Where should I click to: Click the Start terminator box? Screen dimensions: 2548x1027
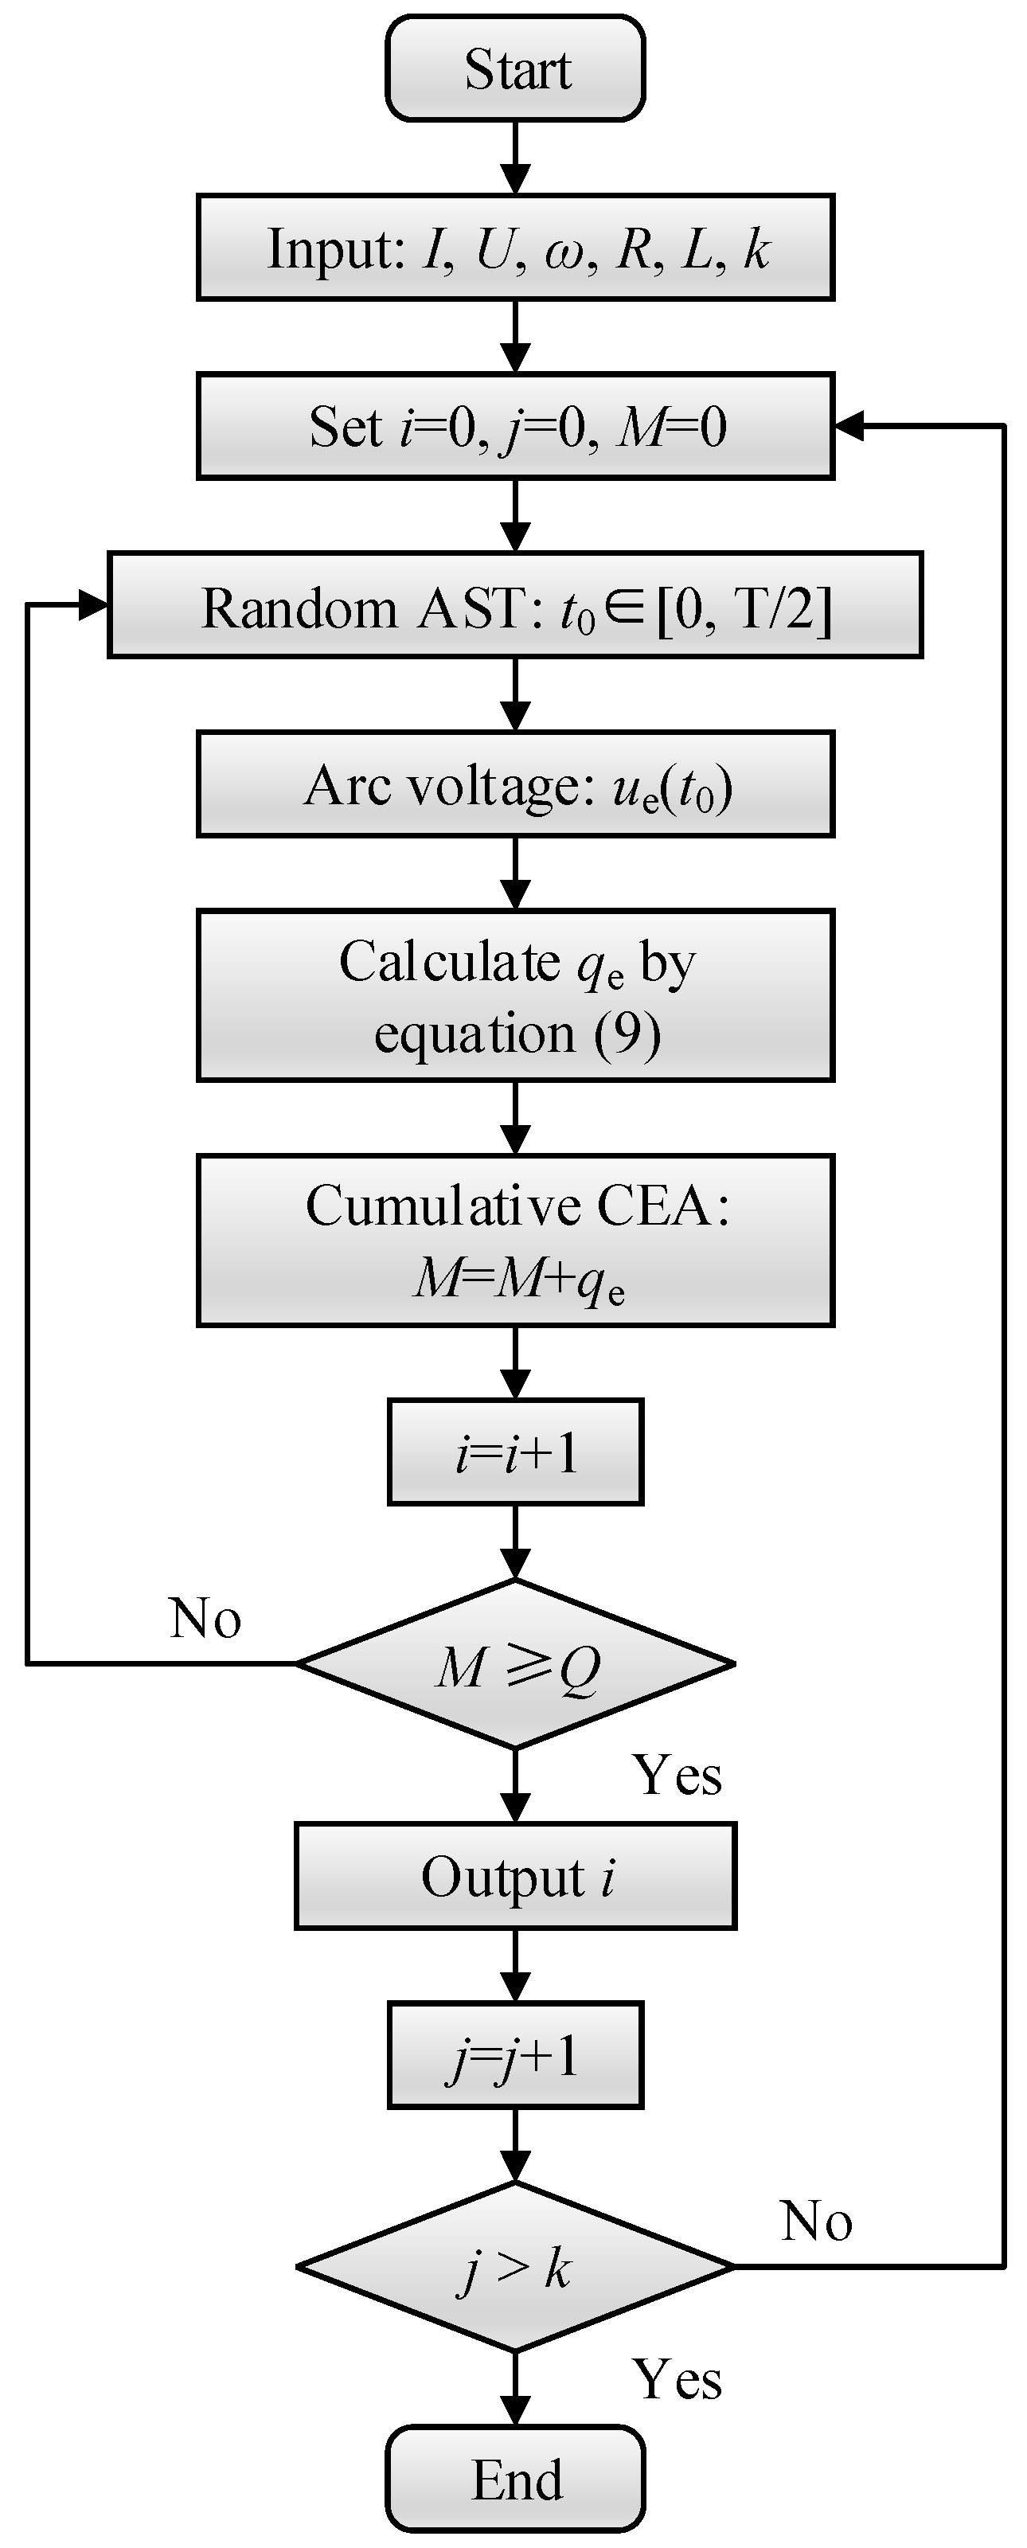click(514, 68)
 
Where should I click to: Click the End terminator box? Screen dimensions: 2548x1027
click(514, 2480)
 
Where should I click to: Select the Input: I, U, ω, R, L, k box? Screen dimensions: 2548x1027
click(514, 248)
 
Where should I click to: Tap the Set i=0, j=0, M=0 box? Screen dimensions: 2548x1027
click(514, 426)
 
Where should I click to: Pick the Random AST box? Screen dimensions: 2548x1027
click(514, 605)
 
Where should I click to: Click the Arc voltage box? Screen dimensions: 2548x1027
click(514, 784)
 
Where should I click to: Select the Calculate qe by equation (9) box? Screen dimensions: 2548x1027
click(514, 995)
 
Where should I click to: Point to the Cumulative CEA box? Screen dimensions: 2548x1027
click(514, 1241)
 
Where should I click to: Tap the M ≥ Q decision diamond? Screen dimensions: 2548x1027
click(514, 1663)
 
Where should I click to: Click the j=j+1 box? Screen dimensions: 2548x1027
click(514, 2055)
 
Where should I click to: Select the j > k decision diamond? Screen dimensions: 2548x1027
click(514, 2266)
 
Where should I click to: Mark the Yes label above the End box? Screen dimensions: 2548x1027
click(677, 2378)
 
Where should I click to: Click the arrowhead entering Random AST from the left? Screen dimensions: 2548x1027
click(93, 605)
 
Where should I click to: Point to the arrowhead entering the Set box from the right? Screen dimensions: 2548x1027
click(849, 426)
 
